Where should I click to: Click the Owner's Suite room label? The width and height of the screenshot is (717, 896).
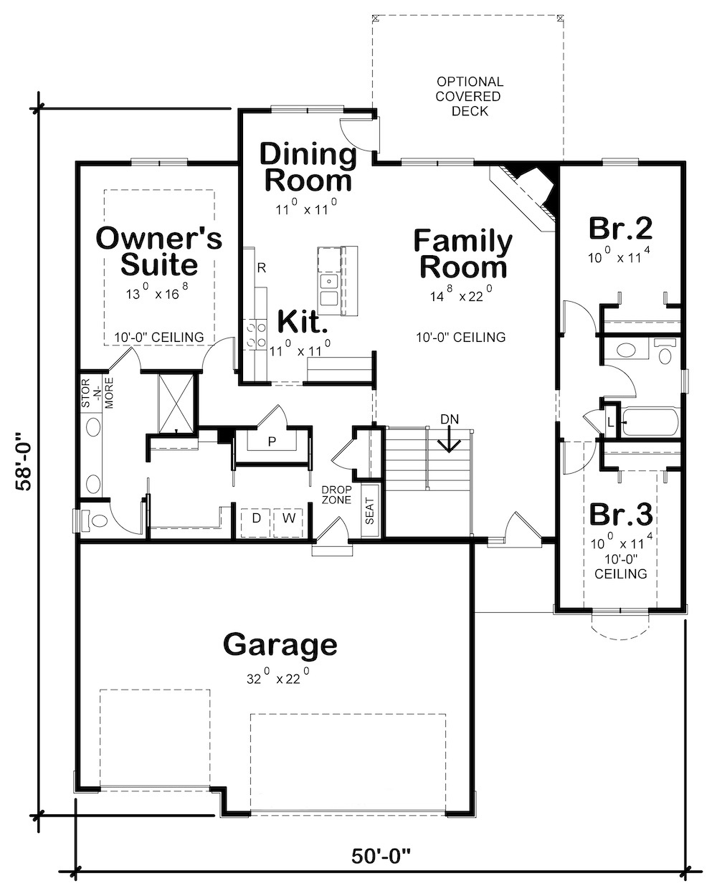click(158, 252)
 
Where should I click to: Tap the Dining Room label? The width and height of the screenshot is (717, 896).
click(308, 167)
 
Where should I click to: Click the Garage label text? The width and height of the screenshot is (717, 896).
click(280, 644)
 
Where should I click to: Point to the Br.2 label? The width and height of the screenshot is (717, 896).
click(620, 228)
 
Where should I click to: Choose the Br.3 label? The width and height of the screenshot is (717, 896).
click(620, 514)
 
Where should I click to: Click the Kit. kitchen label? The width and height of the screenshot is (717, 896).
click(303, 320)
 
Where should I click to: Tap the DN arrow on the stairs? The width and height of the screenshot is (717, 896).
click(450, 438)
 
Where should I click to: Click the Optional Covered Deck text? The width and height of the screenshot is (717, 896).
click(470, 96)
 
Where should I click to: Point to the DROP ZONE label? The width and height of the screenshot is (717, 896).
click(336, 494)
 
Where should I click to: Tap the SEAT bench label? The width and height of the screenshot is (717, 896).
click(370, 511)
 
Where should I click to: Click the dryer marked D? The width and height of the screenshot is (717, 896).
click(256, 518)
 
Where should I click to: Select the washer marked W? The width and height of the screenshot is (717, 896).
click(288, 518)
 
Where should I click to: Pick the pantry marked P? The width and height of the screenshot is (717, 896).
click(272, 441)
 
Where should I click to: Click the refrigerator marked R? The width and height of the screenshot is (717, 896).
click(262, 268)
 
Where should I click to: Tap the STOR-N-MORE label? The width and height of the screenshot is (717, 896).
click(96, 394)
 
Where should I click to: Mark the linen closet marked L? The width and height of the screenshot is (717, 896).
click(610, 422)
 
